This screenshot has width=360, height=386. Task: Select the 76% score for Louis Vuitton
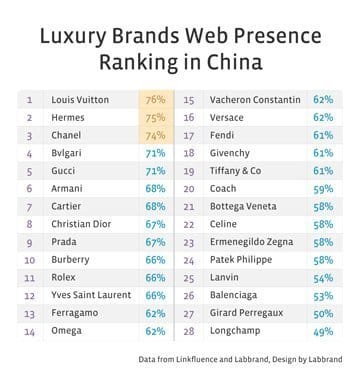coord(155,100)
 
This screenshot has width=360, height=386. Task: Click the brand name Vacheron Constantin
coord(255,100)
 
